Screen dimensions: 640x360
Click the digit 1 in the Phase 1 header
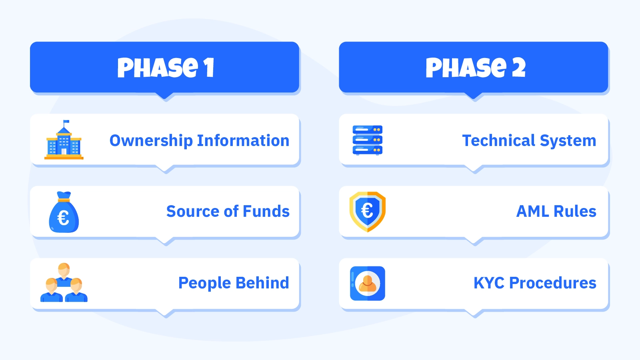(210, 68)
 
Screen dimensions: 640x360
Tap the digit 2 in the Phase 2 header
(518, 68)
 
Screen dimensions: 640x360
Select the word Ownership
(151, 141)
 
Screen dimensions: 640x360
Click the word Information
(243, 140)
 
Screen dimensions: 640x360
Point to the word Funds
(266, 211)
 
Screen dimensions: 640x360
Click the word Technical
(498, 140)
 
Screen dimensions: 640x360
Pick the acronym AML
(532, 212)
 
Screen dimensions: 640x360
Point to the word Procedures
(552, 283)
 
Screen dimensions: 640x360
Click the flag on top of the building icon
(66, 122)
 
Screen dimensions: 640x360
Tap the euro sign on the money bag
(63, 218)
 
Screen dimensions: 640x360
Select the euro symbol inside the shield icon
(367, 211)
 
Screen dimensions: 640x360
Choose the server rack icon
(368, 140)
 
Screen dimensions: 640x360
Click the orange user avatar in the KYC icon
(368, 284)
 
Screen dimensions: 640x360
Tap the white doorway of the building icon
(64, 151)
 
